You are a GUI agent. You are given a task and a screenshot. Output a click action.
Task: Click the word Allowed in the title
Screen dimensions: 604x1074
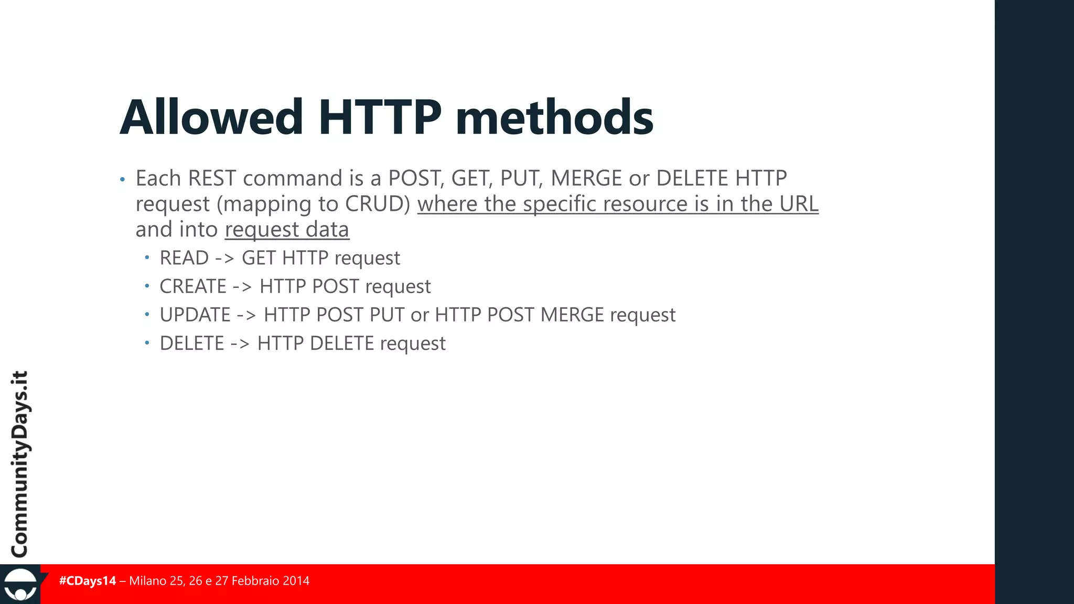pyautogui.click(x=211, y=117)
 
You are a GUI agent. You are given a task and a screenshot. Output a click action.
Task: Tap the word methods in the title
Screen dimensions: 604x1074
pyautogui.click(x=554, y=117)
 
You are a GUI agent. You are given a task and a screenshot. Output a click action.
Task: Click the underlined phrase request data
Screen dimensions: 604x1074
pyautogui.click(x=287, y=230)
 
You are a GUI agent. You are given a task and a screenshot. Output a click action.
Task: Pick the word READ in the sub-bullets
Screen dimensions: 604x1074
pyautogui.click(x=184, y=258)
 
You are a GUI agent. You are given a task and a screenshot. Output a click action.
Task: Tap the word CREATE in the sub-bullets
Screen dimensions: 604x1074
pyautogui.click(x=193, y=286)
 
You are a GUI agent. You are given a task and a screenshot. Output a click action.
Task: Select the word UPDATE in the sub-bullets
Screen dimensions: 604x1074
pyautogui.click(x=195, y=315)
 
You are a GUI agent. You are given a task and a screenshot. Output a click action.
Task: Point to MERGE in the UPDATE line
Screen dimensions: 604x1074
pyautogui.click(x=572, y=315)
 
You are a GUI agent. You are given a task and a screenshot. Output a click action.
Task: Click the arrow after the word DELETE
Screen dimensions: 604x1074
pyautogui.click(x=240, y=343)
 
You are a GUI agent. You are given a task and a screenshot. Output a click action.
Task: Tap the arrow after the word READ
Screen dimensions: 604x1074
pyautogui.click(x=224, y=258)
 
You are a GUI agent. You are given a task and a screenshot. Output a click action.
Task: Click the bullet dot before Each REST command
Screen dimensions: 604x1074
pyautogui.click(x=122, y=180)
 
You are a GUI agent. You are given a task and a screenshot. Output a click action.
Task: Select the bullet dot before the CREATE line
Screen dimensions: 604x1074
pyautogui.click(x=147, y=286)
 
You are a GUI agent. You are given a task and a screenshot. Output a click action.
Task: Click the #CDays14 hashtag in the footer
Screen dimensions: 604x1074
pyautogui.click(x=88, y=581)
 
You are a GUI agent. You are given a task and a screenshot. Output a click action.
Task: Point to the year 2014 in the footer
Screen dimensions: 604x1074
pyautogui.click(x=296, y=581)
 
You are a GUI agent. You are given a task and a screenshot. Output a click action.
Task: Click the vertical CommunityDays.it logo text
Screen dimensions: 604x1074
pyautogui.click(x=20, y=463)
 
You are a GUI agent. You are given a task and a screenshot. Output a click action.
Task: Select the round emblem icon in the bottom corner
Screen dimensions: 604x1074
pyautogui.click(x=20, y=585)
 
